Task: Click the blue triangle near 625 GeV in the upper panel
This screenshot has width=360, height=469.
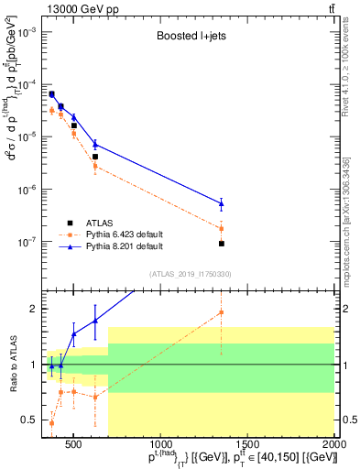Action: tap(95, 144)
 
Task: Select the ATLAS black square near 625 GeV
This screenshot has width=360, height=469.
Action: tap(95, 157)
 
